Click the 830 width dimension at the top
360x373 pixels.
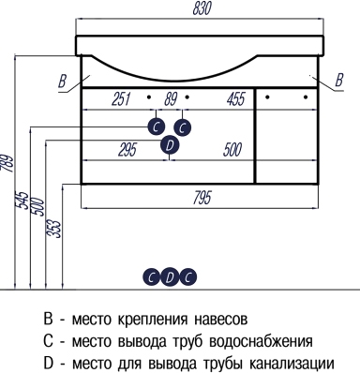[202, 8]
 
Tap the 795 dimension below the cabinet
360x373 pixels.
[202, 198]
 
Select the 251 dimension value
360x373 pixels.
[121, 98]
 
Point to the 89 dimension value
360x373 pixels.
[171, 98]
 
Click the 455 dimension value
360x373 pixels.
[236, 98]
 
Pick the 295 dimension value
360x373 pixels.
[127, 149]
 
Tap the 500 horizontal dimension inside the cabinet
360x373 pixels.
[232, 149]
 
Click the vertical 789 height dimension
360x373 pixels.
[7, 163]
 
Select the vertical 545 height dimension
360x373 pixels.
[22, 200]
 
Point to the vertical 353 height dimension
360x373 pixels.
[55, 230]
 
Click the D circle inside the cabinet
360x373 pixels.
[170, 145]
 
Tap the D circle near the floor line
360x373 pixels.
[170, 277]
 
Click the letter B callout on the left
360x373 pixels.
[63, 81]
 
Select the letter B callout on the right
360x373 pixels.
[339, 80]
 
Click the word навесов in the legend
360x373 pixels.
[221, 320]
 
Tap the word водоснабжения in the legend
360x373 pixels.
[261, 341]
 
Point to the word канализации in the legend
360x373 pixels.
[292, 364]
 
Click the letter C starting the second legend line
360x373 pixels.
[48, 341]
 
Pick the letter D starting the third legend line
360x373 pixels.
[49, 363]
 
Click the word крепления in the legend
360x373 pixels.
[153, 321]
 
